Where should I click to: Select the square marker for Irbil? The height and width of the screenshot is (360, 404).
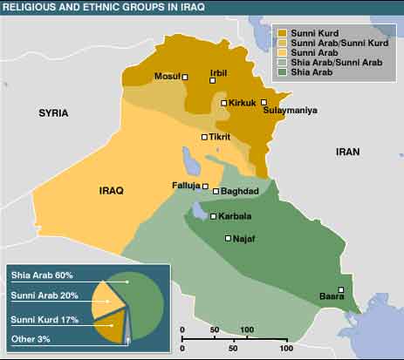click(x=212, y=80)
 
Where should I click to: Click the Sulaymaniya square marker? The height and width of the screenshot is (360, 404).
click(x=264, y=102)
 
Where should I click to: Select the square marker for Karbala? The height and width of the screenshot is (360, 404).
click(x=214, y=216)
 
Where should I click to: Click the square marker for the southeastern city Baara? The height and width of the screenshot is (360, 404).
click(x=342, y=289)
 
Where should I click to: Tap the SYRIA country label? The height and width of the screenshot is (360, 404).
click(x=54, y=113)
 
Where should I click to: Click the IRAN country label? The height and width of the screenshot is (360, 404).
click(x=347, y=152)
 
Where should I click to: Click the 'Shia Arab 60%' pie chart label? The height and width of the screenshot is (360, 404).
click(x=43, y=275)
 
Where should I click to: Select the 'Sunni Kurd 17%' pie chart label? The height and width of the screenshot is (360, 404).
click(x=45, y=320)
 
